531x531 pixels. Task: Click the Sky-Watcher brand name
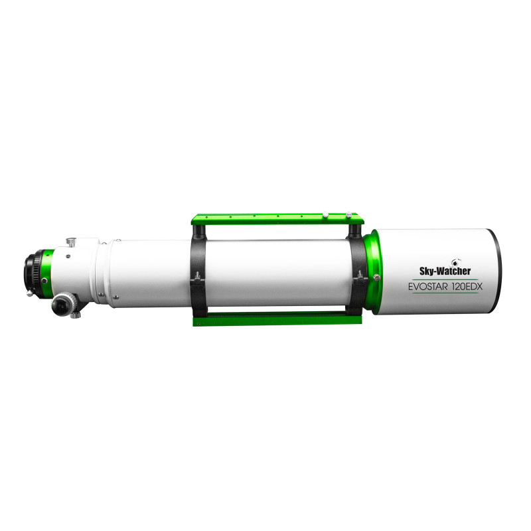(445, 271)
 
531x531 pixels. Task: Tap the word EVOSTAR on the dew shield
(428, 287)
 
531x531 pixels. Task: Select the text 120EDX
(467, 287)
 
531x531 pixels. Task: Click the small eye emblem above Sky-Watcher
(455, 262)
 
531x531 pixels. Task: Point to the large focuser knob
(62, 304)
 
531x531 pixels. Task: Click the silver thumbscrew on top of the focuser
(71, 242)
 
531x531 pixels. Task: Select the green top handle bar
(277, 219)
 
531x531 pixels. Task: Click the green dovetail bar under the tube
(277, 319)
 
